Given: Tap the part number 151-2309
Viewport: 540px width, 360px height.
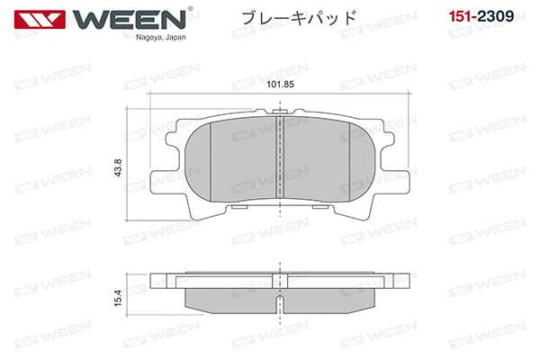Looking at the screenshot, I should [x=488, y=16].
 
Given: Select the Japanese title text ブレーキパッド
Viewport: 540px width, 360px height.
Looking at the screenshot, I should [x=294, y=17].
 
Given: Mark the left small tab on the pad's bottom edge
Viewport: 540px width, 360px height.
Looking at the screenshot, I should [x=238, y=209].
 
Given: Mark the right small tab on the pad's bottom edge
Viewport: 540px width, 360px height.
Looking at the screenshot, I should [x=319, y=209].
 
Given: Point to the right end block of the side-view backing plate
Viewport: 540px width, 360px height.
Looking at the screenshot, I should [x=392, y=276].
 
